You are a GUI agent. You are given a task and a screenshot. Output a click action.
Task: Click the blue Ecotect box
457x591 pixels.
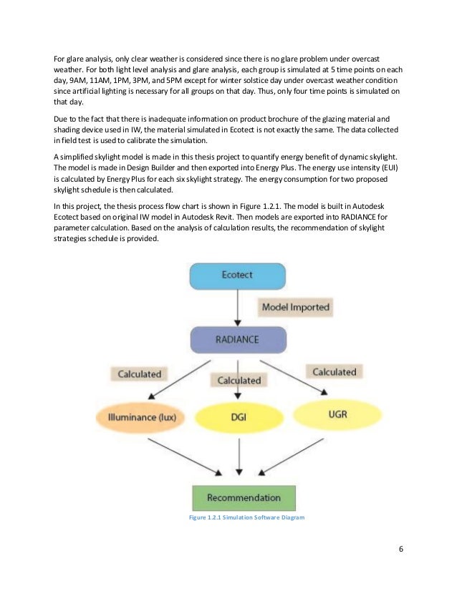coord(238,275)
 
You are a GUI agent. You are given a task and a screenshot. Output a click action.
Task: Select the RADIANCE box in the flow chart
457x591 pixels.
coord(238,338)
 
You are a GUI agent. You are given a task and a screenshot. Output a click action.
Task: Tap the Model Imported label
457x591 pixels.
coord(295,307)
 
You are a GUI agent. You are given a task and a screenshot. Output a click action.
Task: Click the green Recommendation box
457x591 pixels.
coord(244,497)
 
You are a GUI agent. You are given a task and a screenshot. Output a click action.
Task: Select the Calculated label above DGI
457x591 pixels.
coord(239,380)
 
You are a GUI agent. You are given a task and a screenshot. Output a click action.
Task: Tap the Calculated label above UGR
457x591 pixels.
coord(334,371)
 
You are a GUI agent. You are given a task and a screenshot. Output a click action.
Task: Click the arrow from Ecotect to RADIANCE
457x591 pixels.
coord(238,307)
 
